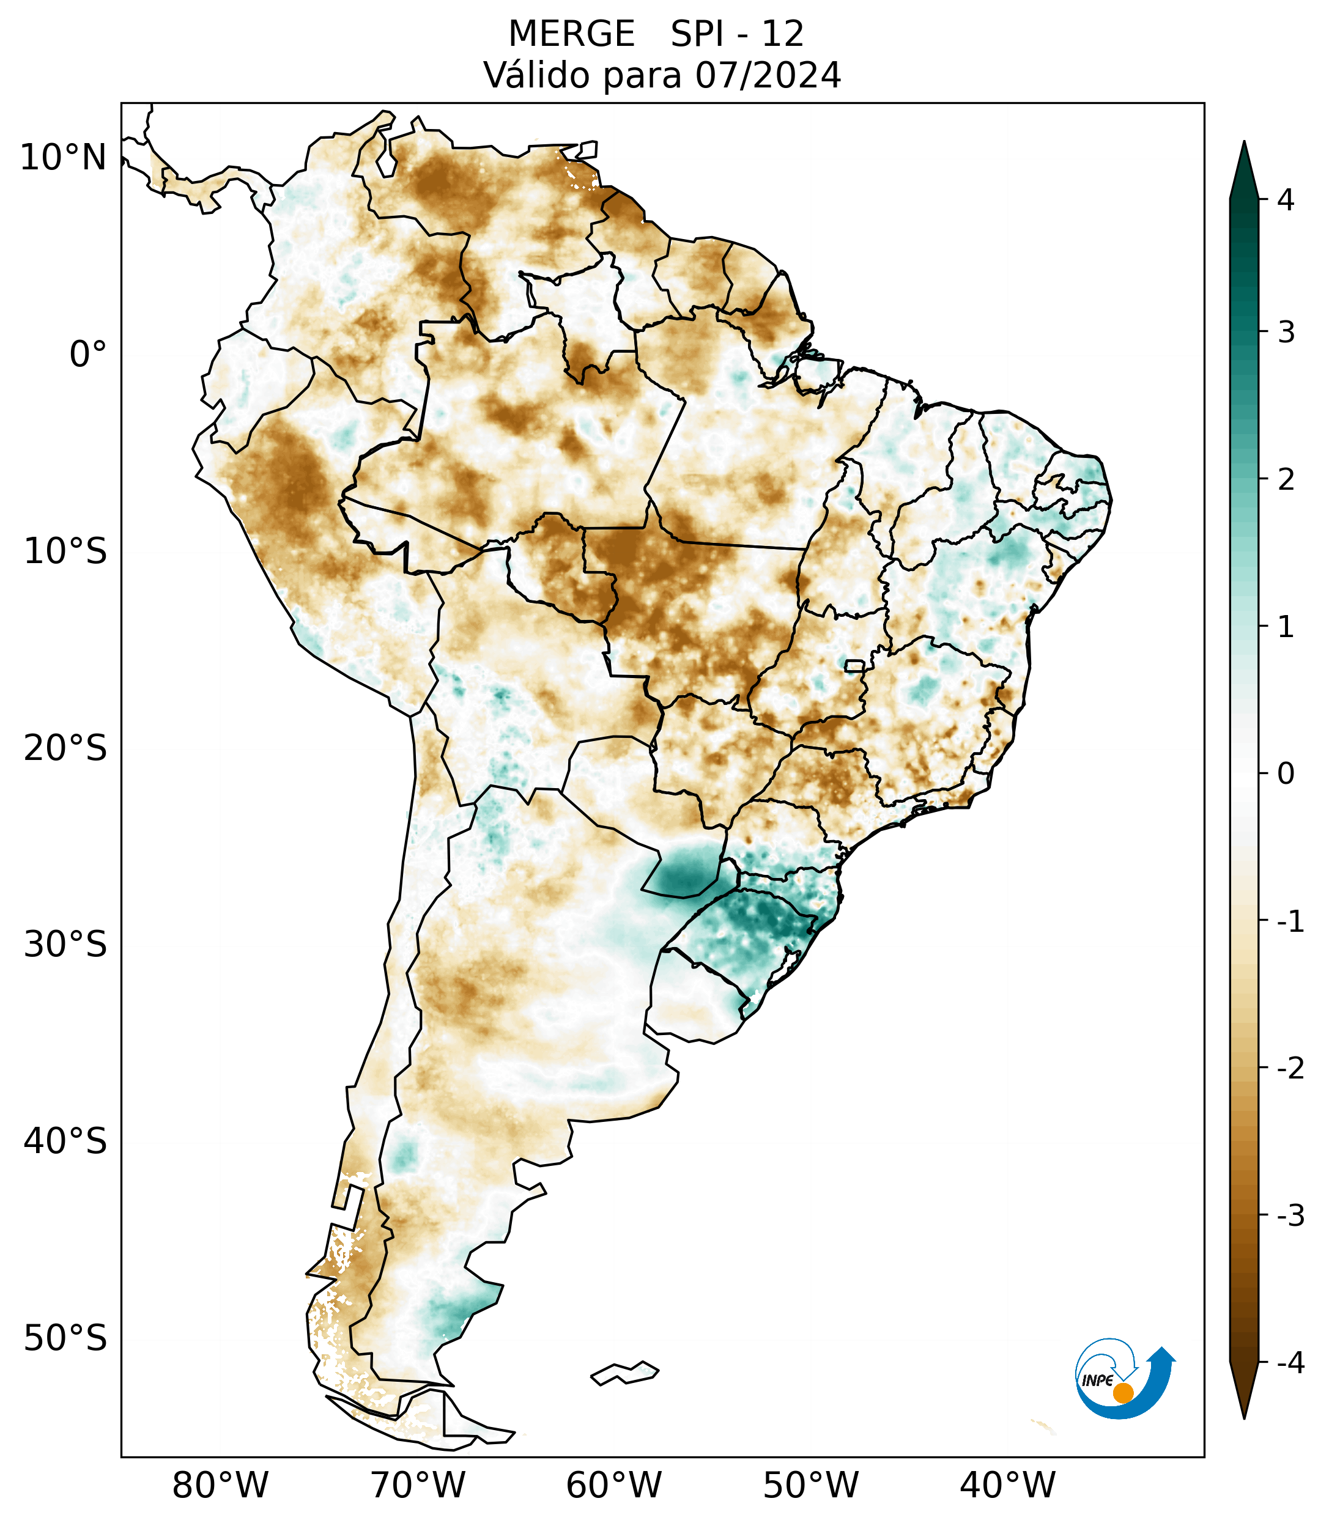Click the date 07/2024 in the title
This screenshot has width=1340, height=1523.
[768, 75]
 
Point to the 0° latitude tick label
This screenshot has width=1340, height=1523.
[88, 355]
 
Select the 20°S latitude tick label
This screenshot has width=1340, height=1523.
[65, 748]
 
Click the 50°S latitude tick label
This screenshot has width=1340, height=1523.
[65, 1338]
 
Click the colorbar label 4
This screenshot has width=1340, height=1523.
[1286, 200]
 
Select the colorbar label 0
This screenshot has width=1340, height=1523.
[1286, 773]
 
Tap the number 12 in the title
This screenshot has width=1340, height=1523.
[782, 34]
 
